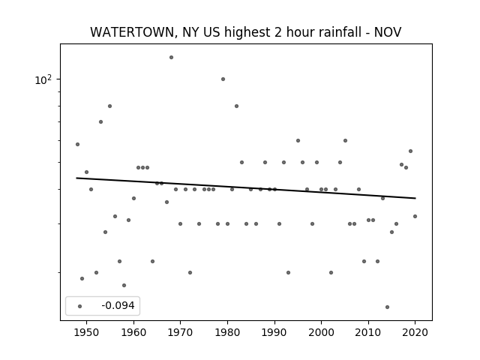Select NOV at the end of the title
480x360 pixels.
coord(388,32)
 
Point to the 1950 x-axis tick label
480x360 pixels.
coord(87,332)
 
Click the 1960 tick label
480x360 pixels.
coord(133,332)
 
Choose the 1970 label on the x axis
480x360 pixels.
coord(180,332)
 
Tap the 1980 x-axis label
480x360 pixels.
coord(227,332)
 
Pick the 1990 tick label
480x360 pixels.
coord(274,332)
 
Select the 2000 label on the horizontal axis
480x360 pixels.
coord(321,332)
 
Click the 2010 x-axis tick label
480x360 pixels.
coord(368,332)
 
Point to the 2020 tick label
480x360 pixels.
coord(415,332)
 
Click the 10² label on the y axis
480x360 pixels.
coord(43,79)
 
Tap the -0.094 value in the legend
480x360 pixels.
coord(118,305)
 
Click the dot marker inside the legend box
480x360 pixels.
coord(80,306)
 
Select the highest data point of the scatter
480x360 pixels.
coord(171,57)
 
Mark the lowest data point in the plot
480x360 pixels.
coord(387,307)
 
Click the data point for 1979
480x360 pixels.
coord(223,79)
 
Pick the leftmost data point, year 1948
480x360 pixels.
coord(77,144)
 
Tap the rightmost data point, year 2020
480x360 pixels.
coord(415,216)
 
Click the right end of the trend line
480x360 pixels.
coord(415,198)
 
